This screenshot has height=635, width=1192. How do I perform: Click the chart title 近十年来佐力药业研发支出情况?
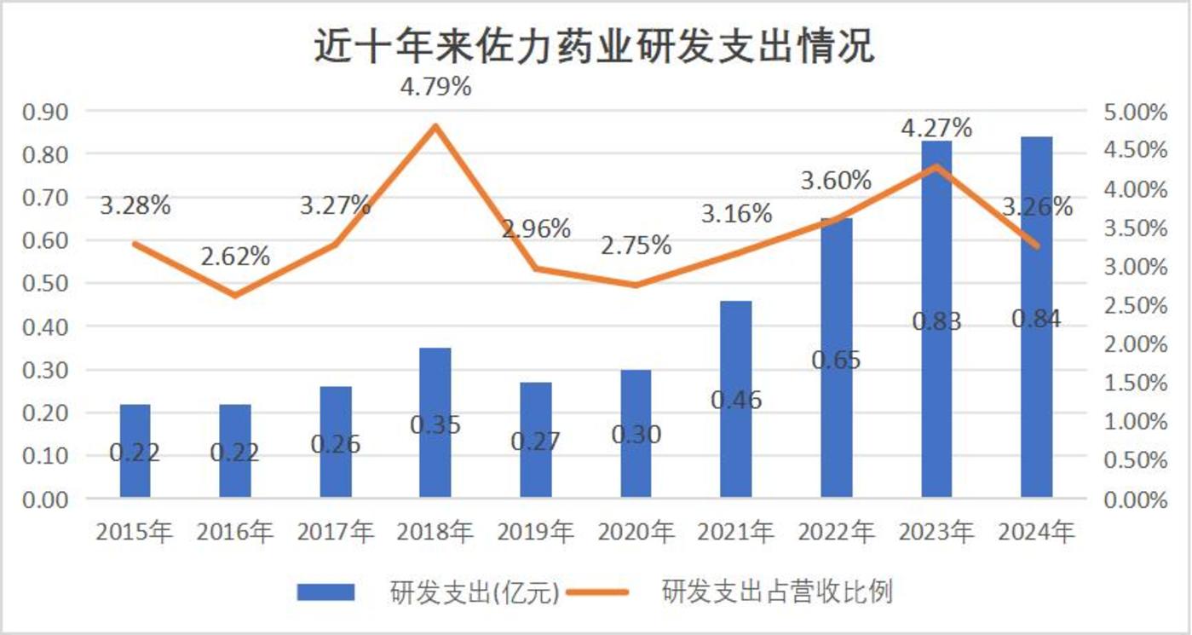[594, 46]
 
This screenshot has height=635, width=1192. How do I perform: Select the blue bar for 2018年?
[435, 422]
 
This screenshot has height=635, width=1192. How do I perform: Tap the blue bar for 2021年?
[735, 399]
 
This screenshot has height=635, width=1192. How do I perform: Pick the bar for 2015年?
[135, 450]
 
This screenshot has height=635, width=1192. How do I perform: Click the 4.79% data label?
[436, 87]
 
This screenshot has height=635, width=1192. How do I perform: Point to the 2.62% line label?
[235, 256]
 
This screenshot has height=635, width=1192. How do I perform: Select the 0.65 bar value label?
[836, 359]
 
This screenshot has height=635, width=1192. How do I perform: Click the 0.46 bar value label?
[735, 399]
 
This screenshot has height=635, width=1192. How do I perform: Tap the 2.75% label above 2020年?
[636, 245]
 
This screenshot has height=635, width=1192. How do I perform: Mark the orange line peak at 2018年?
[435, 126]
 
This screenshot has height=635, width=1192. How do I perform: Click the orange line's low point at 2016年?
[235, 296]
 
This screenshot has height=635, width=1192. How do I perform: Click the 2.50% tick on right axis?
[1137, 305]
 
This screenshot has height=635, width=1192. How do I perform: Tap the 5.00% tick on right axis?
[1137, 112]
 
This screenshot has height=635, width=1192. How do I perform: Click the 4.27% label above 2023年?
[936, 128]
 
